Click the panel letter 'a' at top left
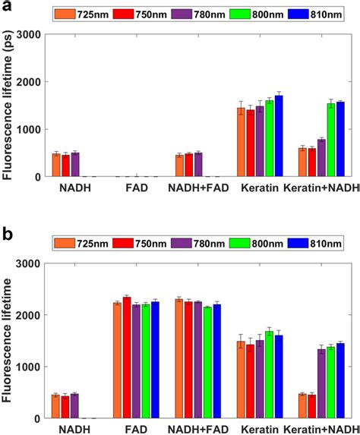pos(7,8)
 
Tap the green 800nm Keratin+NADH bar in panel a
pos(330,140)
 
